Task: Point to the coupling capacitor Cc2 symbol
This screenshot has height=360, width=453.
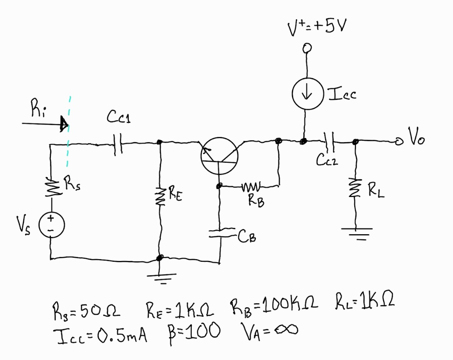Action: (330, 141)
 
